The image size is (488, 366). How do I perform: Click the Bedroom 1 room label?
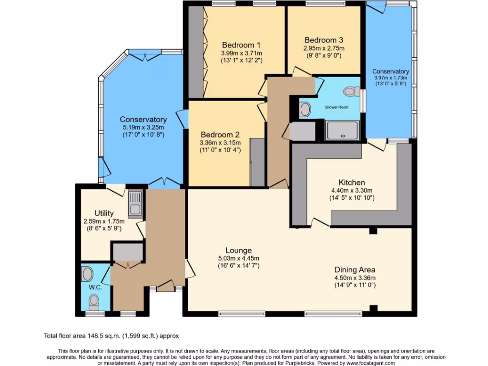[x=234, y=45]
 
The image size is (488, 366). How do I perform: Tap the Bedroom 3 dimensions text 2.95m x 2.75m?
[x=324, y=48]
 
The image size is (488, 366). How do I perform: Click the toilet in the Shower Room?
[x=351, y=91]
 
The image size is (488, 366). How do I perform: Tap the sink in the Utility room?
[x=134, y=203]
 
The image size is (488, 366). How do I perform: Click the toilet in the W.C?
[x=94, y=300]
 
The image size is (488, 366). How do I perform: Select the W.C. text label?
[x=95, y=287]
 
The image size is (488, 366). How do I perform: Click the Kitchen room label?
[x=352, y=183]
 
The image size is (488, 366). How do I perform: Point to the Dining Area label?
[x=355, y=270]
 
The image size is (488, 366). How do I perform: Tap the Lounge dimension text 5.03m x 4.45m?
[x=238, y=258]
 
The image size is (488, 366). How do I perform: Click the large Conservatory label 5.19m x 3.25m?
[x=143, y=127]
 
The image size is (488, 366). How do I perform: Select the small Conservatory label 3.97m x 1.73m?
[x=391, y=78]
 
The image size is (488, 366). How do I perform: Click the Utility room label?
[x=103, y=213]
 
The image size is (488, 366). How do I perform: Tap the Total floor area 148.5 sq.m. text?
[x=112, y=336]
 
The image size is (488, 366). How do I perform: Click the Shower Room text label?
[x=336, y=107]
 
